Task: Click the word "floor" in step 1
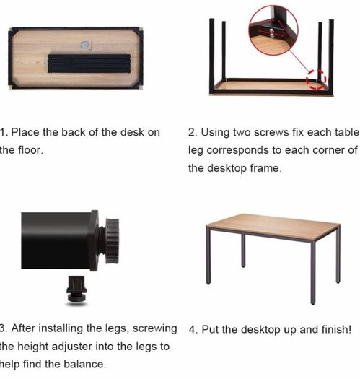(30, 150)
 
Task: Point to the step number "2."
(193, 132)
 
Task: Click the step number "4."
(193, 329)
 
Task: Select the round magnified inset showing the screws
(273, 30)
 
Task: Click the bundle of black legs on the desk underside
(89, 64)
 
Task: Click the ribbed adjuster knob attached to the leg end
(112, 240)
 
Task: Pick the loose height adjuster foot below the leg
(76, 289)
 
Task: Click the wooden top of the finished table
(273, 226)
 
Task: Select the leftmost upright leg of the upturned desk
(212, 56)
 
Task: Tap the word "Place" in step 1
(25, 132)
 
